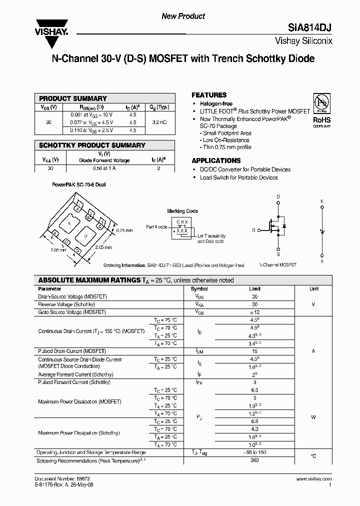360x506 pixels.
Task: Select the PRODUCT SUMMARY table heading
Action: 73,98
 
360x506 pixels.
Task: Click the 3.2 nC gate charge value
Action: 160,122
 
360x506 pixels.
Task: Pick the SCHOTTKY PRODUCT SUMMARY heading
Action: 92,145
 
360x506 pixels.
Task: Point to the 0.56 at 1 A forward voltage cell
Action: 104,168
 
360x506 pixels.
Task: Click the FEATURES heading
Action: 209,95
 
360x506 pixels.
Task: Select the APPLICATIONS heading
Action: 216,160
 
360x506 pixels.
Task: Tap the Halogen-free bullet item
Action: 216,103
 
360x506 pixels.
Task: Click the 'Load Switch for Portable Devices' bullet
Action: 238,177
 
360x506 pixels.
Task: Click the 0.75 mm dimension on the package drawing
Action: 124,230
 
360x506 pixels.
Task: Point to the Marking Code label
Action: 182,211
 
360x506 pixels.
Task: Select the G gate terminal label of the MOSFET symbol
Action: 253,230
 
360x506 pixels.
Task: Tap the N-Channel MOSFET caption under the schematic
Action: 277,264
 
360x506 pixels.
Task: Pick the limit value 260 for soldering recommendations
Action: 254,460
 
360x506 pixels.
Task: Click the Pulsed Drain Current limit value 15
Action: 254,351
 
